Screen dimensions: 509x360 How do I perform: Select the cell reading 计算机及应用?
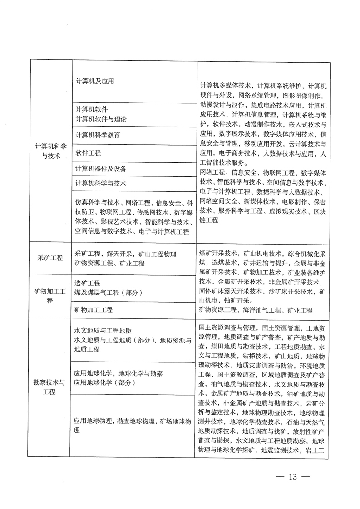click(94, 82)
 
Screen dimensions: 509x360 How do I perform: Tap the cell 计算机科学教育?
click(98, 135)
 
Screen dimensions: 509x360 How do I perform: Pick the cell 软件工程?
click(88, 152)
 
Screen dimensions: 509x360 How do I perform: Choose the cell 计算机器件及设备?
click(101, 169)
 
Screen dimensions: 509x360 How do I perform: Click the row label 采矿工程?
click(49, 258)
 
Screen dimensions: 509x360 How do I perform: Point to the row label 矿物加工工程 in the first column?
click(50, 295)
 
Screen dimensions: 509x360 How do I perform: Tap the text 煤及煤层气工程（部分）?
click(108, 293)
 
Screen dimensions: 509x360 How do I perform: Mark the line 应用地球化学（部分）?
click(105, 383)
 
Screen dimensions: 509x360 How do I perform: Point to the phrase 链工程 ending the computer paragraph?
click(209, 220)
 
